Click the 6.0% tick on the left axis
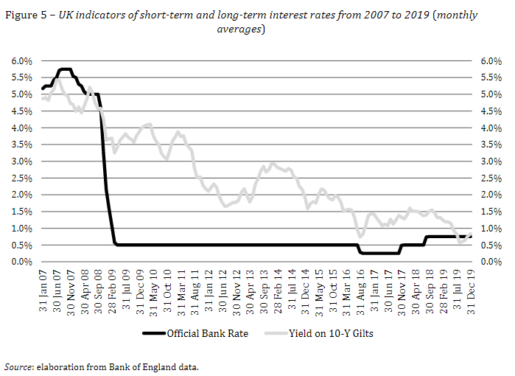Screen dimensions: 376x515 (21, 61)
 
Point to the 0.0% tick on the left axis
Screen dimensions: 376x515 (21, 262)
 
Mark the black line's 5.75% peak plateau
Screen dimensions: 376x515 (65, 69)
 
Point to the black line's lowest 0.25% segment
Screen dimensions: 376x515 (379, 254)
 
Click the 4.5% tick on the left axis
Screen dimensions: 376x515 (21, 111)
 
